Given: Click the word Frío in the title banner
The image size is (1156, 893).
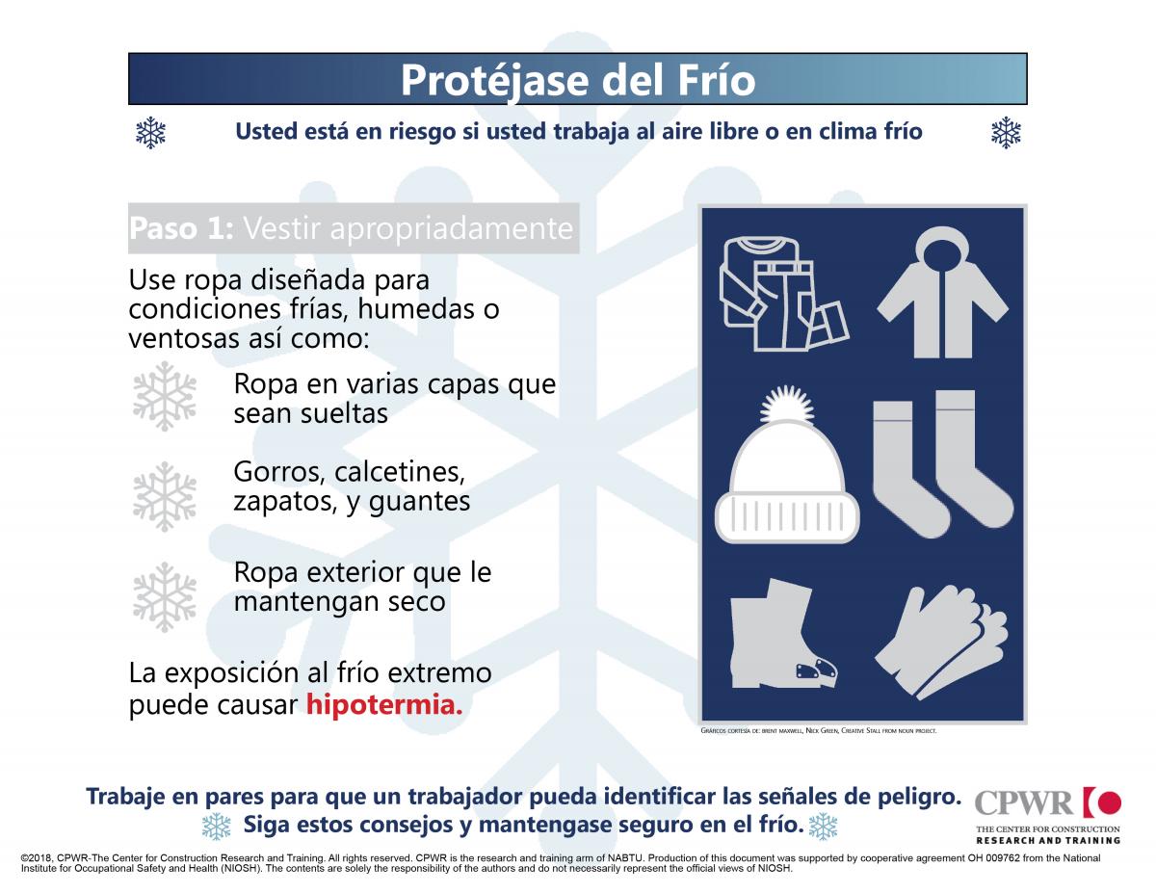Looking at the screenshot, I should click(x=708, y=80).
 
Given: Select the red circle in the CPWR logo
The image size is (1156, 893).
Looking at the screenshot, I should click(x=1109, y=802).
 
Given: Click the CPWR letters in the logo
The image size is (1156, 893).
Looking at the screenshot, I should click(x=1024, y=802).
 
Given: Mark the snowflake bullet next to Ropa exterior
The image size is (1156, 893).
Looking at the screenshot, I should click(x=164, y=596).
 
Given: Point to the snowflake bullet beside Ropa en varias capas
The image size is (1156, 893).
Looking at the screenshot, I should click(x=164, y=396).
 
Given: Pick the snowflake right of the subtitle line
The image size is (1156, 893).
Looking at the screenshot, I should click(x=1006, y=133).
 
